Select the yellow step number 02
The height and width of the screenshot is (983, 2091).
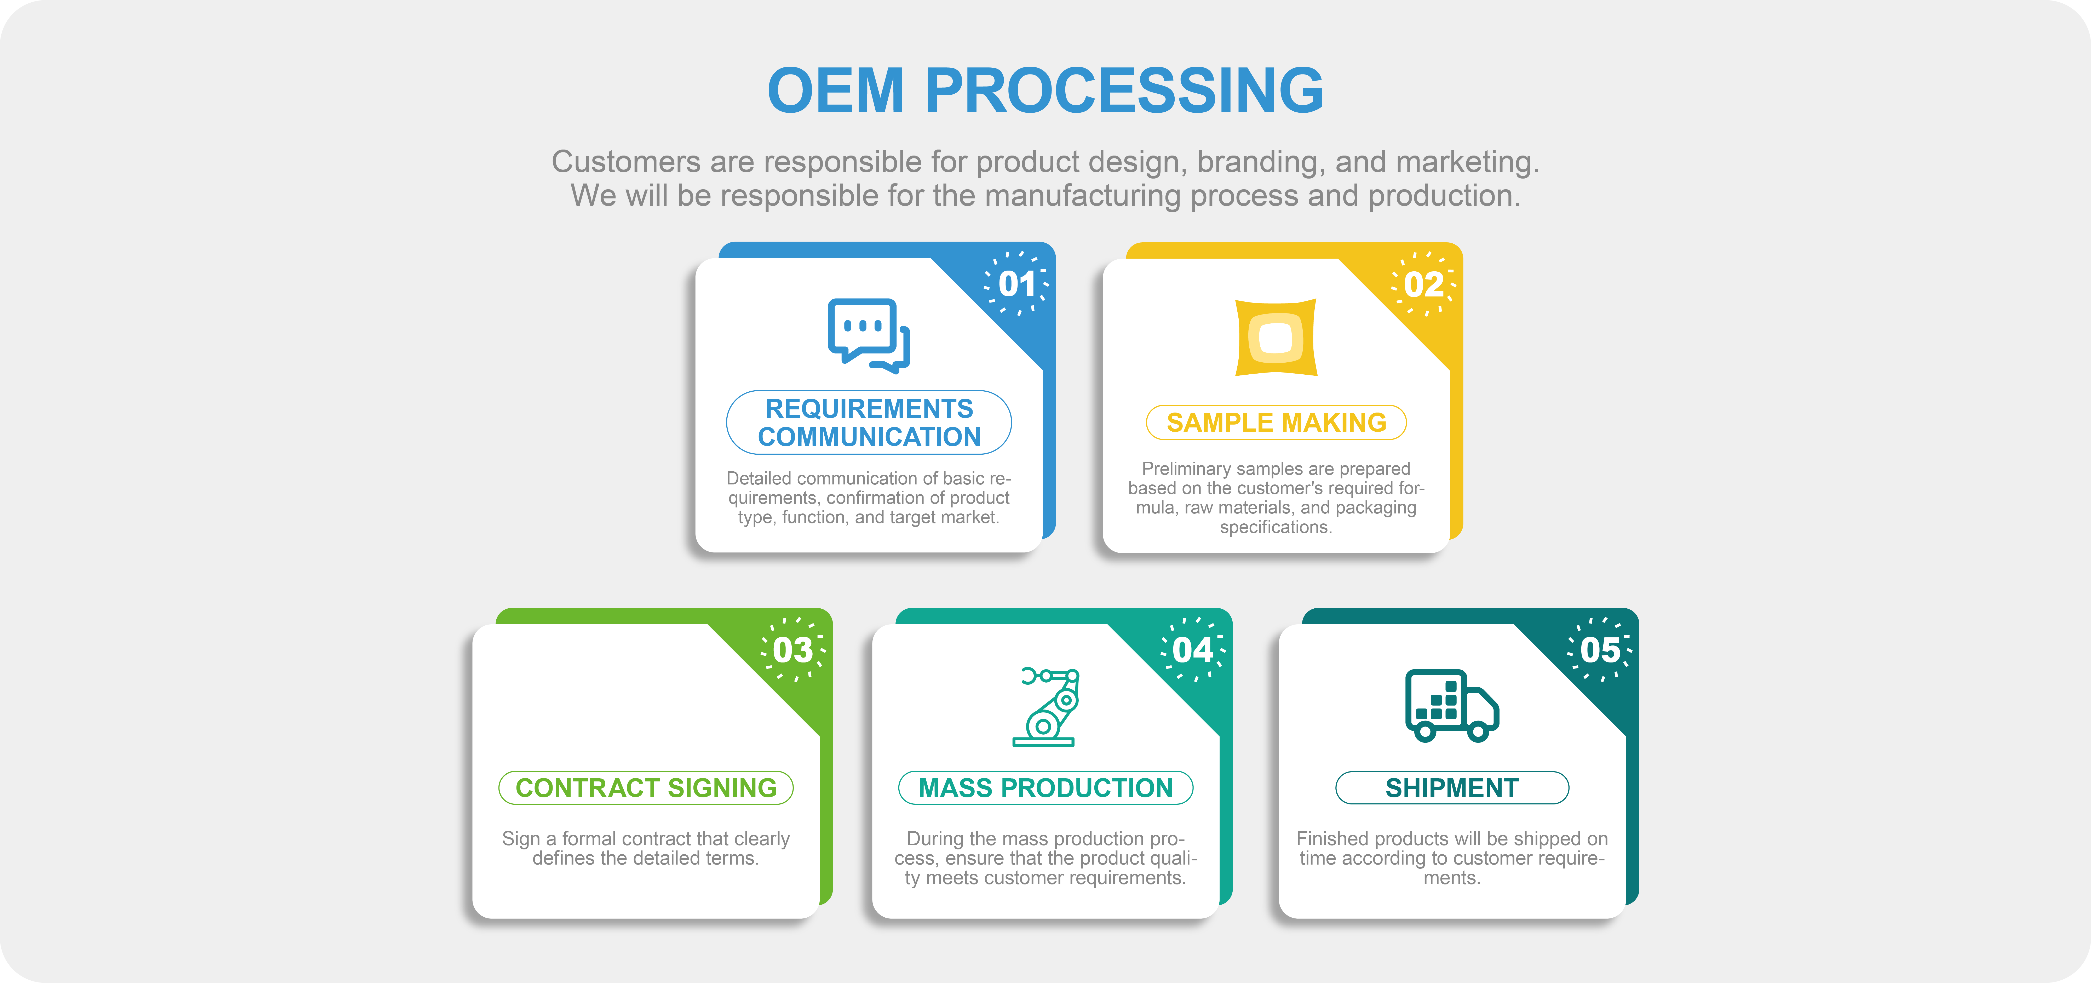click(x=1424, y=284)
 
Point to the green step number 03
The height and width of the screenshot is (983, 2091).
click(x=793, y=649)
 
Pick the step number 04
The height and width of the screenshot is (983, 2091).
click(x=1192, y=649)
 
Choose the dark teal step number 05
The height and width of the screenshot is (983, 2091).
click(x=1600, y=649)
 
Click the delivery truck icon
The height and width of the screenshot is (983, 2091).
click(x=1452, y=705)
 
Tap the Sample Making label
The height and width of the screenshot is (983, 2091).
click(x=1276, y=422)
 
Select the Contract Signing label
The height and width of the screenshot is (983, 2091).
click(x=646, y=787)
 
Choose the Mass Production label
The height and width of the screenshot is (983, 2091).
click(x=1045, y=787)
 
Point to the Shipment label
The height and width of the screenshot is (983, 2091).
click(x=1452, y=787)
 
